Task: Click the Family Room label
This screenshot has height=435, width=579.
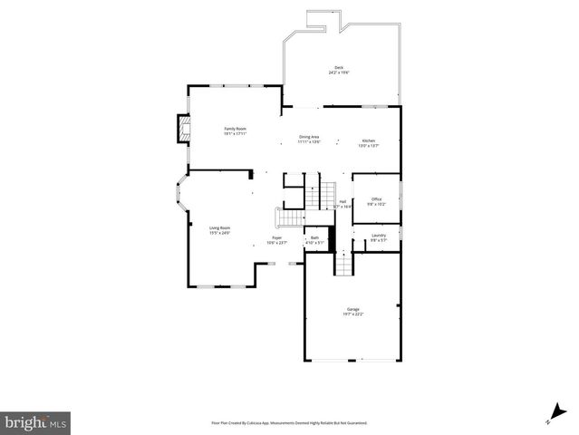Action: pos(236,129)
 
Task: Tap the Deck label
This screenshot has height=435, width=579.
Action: pos(339,67)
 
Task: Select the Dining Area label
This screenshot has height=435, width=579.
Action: pos(310,137)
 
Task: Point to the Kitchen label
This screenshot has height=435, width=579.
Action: pos(369,140)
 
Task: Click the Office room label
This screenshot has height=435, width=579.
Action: pos(376,199)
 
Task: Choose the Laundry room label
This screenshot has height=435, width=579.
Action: pos(378,236)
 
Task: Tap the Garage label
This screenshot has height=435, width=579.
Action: pos(352,309)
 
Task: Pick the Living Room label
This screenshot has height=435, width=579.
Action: pos(219,227)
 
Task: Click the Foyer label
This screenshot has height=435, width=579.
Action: pos(276,237)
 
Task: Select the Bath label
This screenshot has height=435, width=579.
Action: pos(314,237)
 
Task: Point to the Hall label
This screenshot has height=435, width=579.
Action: pos(343,201)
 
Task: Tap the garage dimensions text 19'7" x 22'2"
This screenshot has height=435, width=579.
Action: pos(352,314)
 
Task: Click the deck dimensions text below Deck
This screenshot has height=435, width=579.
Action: pos(339,72)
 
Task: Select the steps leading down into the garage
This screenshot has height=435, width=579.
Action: pos(343,264)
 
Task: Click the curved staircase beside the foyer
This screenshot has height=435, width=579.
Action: pos(288,217)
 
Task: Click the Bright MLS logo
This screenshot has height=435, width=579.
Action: pos(35,422)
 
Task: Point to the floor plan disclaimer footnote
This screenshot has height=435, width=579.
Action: pos(289,422)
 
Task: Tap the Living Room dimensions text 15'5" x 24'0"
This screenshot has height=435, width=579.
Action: pos(219,233)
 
